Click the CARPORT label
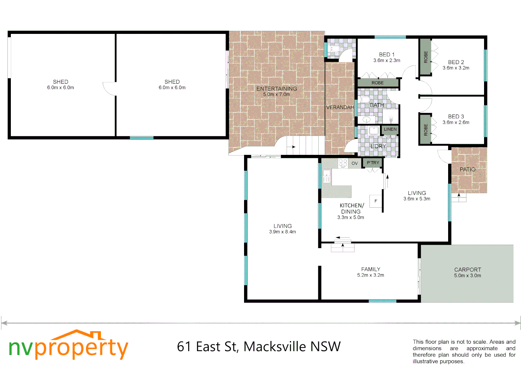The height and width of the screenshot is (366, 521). tap(467, 270)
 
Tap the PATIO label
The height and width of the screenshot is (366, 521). tap(467, 169)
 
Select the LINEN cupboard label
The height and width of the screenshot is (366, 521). tap(390, 129)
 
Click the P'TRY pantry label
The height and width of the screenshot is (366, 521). tap(373, 163)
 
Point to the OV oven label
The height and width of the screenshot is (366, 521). tap(355, 163)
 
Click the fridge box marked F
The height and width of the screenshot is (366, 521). tap(376, 201)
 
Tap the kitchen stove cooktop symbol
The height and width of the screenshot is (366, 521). tap(343, 163)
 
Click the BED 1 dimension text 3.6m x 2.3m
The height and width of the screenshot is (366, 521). tap(387, 61)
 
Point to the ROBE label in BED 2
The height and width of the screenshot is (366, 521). tap(426, 57)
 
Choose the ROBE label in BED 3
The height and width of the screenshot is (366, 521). tap(426, 130)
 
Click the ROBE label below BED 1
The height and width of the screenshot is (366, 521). tap(378, 83)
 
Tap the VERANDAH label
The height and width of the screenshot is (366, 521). tap(340, 107)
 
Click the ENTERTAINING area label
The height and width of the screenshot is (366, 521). tap(277, 89)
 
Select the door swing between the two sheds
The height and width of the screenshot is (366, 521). tap(109, 89)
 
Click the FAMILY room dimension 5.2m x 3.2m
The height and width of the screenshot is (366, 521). tap(370, 275)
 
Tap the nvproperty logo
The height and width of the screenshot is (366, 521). tap(68, 346)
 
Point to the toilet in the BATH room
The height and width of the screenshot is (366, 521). tap(364, 100)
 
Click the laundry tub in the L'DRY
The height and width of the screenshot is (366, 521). tap(374, 130)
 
